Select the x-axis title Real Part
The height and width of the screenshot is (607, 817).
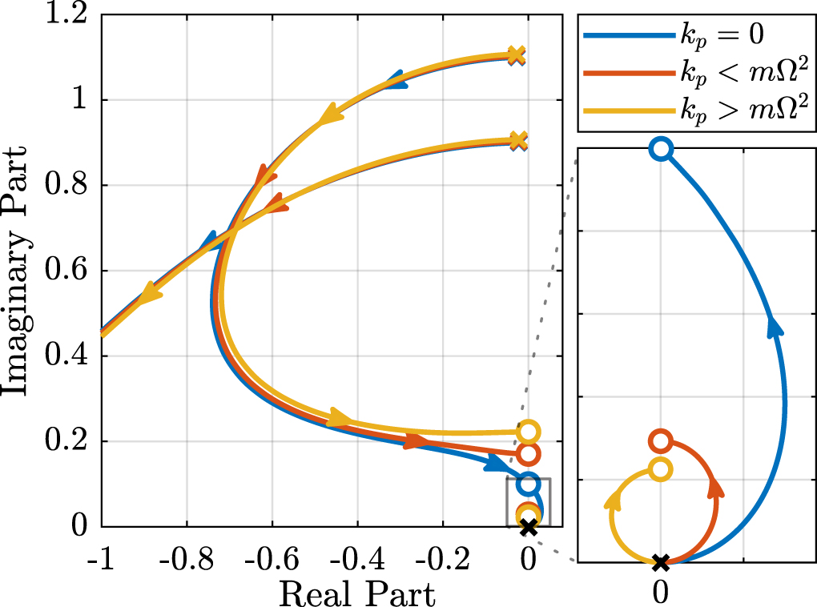(x=357, y=593)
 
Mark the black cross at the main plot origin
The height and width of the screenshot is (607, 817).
(x=528, y=527)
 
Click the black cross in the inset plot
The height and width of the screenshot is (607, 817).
(x=660, y=562)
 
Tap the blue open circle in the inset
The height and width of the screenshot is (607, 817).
(x=660, y=148)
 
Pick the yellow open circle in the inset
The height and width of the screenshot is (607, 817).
(x=660, y=469)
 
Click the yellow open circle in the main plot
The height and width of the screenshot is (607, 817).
(x=528, y=432)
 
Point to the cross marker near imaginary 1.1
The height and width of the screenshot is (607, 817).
(x=517, y=56)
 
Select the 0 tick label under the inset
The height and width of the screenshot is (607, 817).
(x=660, y=593)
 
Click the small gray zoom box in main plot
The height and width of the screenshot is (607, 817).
(x=528, y=502)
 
